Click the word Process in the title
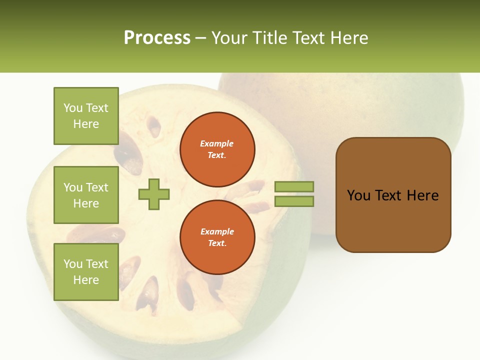(157, 38)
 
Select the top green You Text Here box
(86, 116)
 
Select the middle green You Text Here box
(86, 195)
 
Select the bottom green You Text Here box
(86, 272)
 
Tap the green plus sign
(154, 194)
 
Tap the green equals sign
(294, 194)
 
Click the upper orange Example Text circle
(217, 149)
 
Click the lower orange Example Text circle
(217, 237)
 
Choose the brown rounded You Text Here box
(393, 195)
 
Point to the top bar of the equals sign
(294, 186)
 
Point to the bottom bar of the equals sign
(294, 201)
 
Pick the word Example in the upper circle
(217, 144)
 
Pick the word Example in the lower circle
(217, 232)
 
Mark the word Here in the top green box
(86, 124)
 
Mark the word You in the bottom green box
(72, 264)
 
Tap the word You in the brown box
(358, 195)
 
